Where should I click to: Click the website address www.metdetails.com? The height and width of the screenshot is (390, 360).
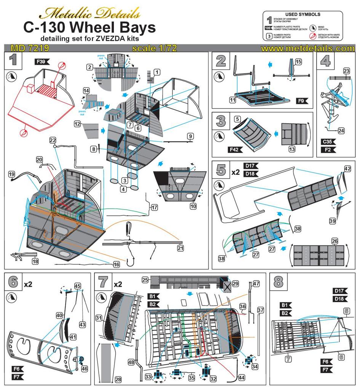(x=308, y=48)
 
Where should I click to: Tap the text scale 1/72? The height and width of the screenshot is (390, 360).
(x=154, y=48)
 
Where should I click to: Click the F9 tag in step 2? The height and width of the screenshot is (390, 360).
(x=302, y=101)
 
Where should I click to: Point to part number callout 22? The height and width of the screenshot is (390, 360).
(x=53, y=140)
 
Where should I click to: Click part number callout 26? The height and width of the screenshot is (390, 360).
(x=335, y=241)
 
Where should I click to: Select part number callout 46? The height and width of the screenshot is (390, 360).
(x=84, y=369)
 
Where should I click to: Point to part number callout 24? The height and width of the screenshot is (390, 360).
(x=341, y=131)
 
